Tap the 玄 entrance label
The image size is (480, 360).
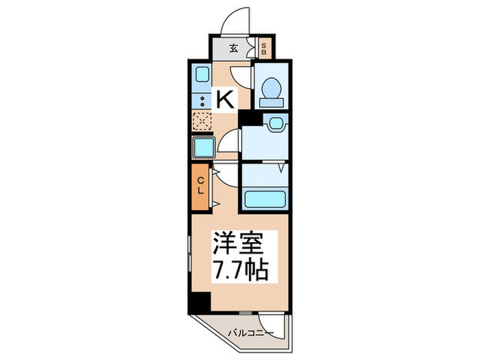tap(234, 48)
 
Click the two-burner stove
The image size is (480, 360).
tap(202, 101)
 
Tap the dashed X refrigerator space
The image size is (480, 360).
tap(202, 122)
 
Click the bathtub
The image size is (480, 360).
tap(265, 199)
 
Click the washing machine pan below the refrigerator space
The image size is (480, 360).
tap(203, 147)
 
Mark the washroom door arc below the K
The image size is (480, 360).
tap(228, 142)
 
